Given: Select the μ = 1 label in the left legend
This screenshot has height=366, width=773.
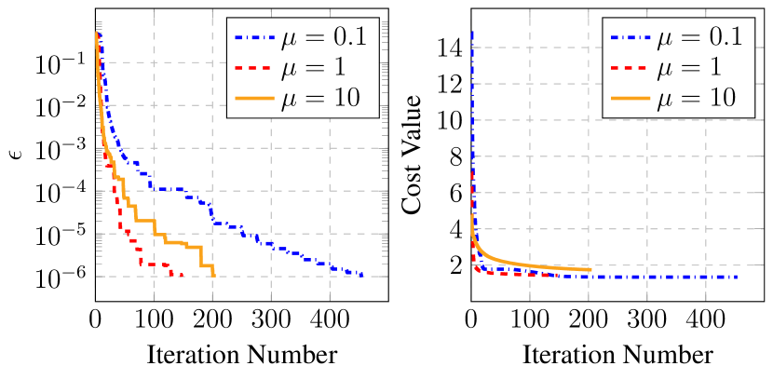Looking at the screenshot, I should pyautogui.click(x=313, y=67).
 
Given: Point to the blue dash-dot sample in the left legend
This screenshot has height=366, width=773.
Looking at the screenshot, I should pyautogui.click(x=253, y=38).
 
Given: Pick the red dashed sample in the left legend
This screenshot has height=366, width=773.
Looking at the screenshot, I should pyautogui.click(x=253, y=68).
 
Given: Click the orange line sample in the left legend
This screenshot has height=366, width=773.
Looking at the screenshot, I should pyautogui.click(x=253, y=98).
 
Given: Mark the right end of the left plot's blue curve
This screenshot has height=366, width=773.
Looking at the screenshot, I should pyautogui.click(x=362, y=275).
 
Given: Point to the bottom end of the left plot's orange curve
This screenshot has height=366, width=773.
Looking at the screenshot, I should pyautogui.click(x=214, y=275).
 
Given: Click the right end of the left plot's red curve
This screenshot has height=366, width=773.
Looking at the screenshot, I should pyautogui.click(x=182, y=276).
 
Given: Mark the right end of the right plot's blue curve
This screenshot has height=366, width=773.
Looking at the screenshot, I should pyautogui.click(x=738, y=277).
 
